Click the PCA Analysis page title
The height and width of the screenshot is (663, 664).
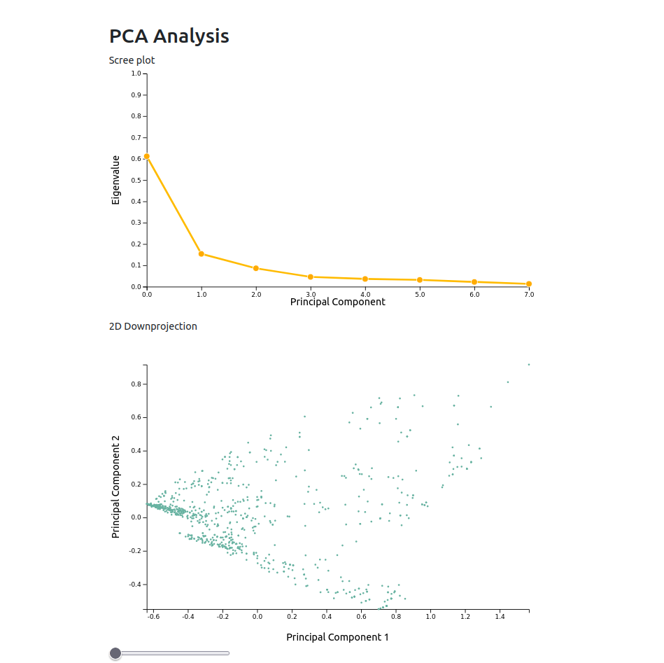pos(169,36)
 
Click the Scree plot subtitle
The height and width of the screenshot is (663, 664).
pos(132,60)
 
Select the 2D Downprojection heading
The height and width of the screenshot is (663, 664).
pos(153,326)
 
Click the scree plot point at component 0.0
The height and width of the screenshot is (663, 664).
pos(146,157)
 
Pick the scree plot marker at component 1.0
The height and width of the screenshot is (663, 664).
pos(202,254)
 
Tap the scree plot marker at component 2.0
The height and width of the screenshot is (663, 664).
pos(256,268)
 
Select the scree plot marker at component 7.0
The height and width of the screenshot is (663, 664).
pos(529,284)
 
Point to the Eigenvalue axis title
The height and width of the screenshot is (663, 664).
pos(116,180)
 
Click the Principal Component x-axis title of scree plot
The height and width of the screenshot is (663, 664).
pos(337,302)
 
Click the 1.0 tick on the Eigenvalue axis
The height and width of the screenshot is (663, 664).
pos(136,74)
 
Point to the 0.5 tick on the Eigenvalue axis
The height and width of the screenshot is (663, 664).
pos(136,180)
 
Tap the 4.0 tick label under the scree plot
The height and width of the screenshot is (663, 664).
pos(365,295)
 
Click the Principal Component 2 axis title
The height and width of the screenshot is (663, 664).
pos(116,487)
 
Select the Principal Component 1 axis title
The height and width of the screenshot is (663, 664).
pos(337,637)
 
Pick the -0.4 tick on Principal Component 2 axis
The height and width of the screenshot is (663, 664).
pos(134,584)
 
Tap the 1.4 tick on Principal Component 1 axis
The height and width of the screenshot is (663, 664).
pos(500,617)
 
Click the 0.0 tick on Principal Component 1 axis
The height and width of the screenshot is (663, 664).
pos(257,617)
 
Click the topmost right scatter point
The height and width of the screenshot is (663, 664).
pos(529,364)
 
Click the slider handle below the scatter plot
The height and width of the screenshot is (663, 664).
pos(115,653)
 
